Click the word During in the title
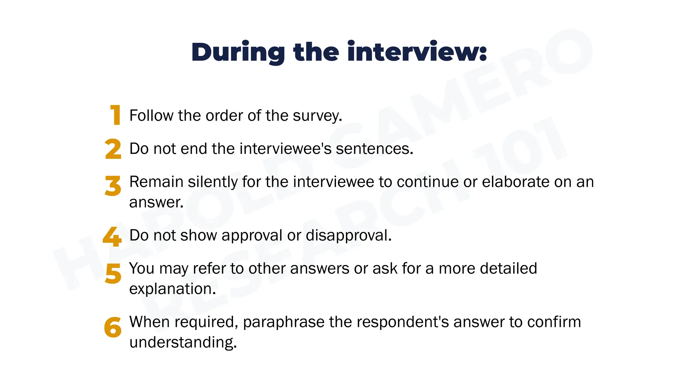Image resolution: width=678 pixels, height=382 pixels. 238,52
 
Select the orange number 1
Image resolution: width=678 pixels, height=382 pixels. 115,115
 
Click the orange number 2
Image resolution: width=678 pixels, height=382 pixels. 113,149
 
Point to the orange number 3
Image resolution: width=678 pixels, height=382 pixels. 113,186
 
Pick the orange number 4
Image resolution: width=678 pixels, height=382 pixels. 112,236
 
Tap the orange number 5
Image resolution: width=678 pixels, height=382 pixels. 113,274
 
